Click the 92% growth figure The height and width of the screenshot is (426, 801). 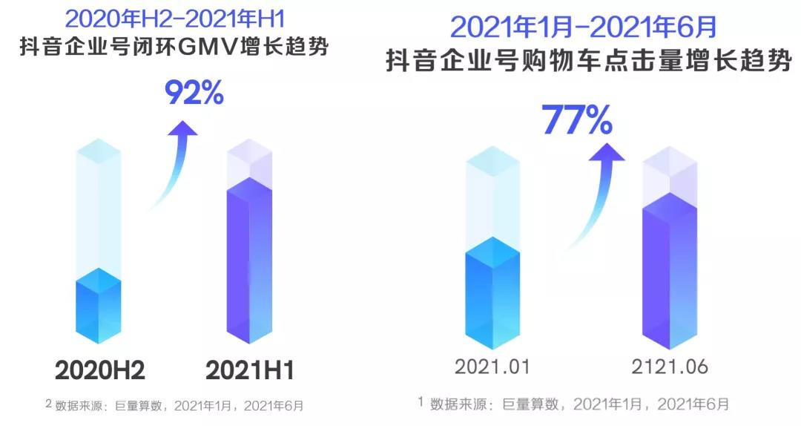[194, 93]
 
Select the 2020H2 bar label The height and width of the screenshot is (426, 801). [99, 370]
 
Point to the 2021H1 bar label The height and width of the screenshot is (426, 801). [250, 370]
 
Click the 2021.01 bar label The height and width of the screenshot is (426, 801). [492, 367]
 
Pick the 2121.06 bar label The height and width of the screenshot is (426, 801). [670, 367]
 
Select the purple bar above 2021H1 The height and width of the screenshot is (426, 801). [250, 260]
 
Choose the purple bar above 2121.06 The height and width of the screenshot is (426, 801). [670, 271]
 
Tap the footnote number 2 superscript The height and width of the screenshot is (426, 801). [48, 404]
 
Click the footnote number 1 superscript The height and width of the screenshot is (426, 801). [421, 402]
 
